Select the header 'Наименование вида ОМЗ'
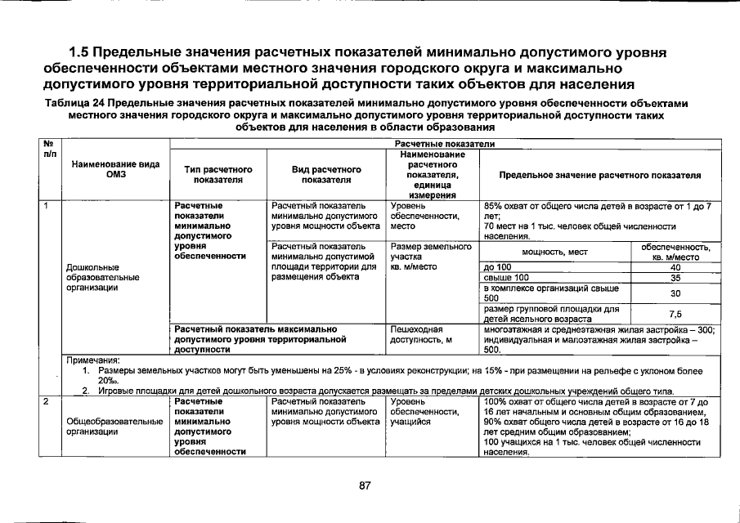coord(115,169)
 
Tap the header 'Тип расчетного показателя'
coord(218,174)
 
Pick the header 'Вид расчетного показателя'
coord(325,174)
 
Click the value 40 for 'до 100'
coord(675,267)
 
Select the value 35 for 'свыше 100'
coord(675,278)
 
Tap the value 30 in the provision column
coord(675,293)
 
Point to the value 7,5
coord(675,314)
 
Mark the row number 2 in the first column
coord(46,401)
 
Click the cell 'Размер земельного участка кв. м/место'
coord(431,256)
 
